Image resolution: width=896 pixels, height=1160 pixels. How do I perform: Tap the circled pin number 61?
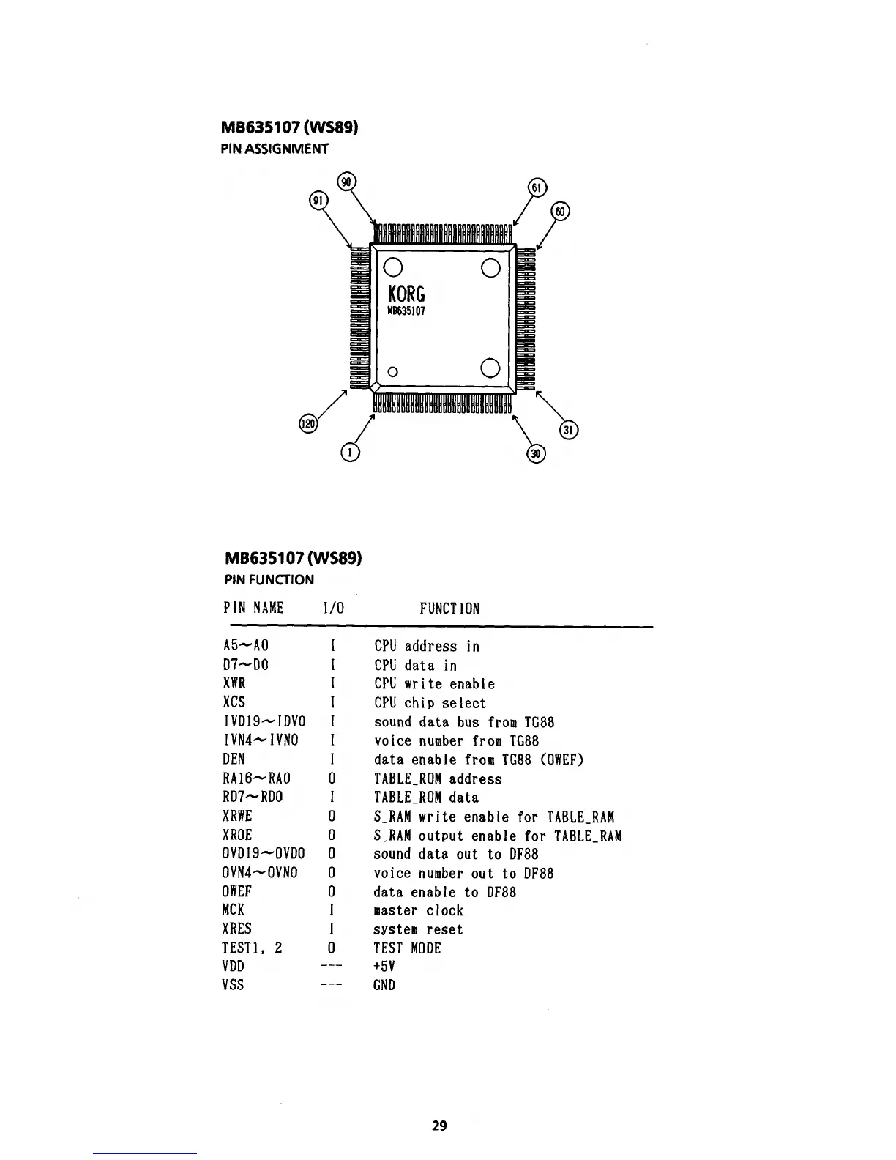pos(537,187)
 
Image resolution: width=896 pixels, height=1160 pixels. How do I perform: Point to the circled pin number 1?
pos(351,453)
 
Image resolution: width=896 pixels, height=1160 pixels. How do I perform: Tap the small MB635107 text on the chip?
pos(406,311)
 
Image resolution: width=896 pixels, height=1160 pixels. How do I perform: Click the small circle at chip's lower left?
pos(392,371)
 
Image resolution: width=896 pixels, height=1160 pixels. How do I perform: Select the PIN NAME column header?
pos(253,608)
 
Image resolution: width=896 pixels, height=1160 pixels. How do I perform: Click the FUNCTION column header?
pos(449,609)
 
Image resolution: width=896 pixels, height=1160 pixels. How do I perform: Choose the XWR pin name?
pos(234,684)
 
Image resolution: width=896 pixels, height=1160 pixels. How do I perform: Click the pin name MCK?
pos(234,910)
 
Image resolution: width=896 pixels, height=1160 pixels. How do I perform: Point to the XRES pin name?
pos(237,929)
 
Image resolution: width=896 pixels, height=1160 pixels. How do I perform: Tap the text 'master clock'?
pos(418,911)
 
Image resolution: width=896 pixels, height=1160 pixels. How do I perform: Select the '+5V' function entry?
pos(384,966)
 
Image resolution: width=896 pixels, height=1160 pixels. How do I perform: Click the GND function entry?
pos(384,985)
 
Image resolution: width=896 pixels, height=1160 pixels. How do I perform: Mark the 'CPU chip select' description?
pos(430,703)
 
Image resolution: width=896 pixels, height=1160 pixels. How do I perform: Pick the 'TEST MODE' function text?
pos(407,948)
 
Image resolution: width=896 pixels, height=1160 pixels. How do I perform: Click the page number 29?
pos(439,1125)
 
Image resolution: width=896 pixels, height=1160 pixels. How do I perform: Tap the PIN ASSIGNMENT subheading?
pos(275,149)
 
